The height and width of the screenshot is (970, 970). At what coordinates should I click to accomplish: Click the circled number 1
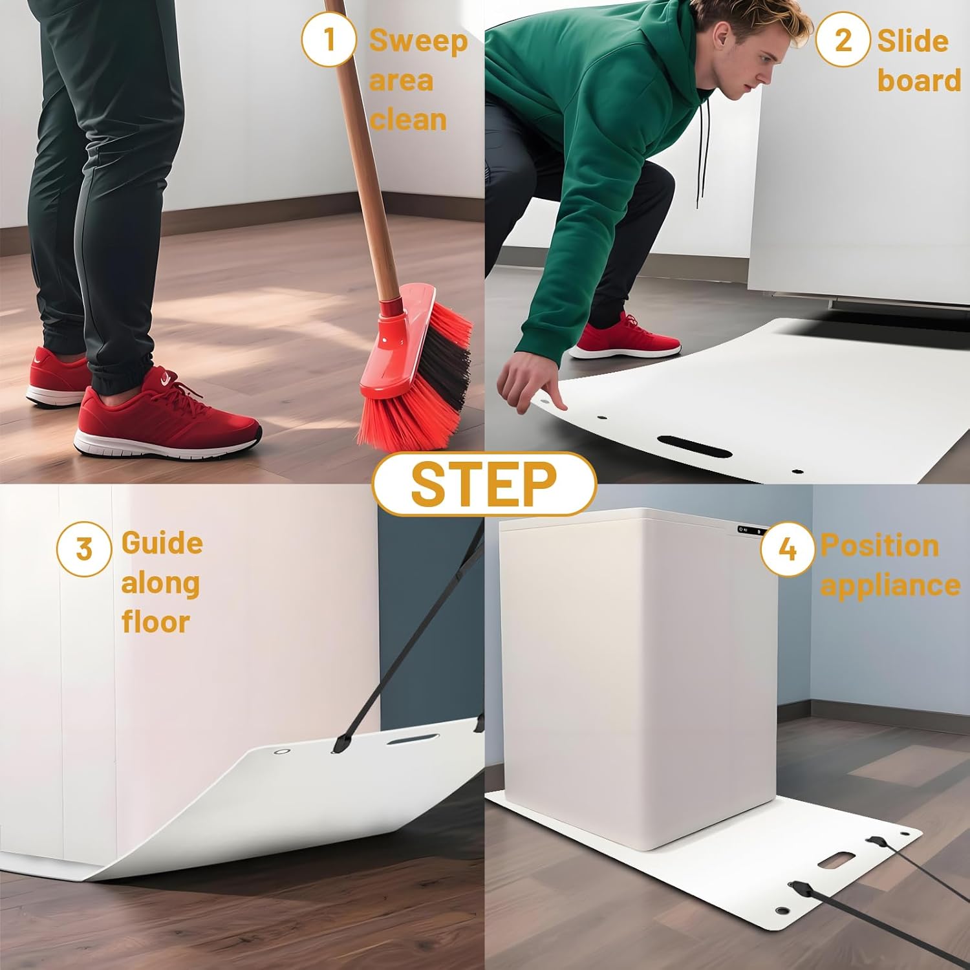click(x=329, y=39)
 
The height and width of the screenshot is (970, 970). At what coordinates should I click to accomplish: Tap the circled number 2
click(x=843, y=40)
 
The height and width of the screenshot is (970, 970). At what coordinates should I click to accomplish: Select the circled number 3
click(x=84, y=549)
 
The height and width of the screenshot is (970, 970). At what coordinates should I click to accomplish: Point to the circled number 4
click(x=787, y=549)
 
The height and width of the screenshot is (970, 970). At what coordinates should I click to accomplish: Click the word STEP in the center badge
click(x=484, y=484)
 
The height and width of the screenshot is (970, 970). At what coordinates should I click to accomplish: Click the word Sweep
click(x=418, y=41)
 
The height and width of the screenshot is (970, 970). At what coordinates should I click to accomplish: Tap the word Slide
click(x=912, y=41)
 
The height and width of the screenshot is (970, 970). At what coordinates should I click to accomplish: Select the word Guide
click(x=162, y=543)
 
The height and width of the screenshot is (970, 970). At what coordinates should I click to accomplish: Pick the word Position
click(x=879, y=545)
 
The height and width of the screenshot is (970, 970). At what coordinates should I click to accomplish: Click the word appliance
click(x=890, y=585)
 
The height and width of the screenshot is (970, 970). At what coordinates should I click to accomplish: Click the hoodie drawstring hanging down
click(x=700, y=162)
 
